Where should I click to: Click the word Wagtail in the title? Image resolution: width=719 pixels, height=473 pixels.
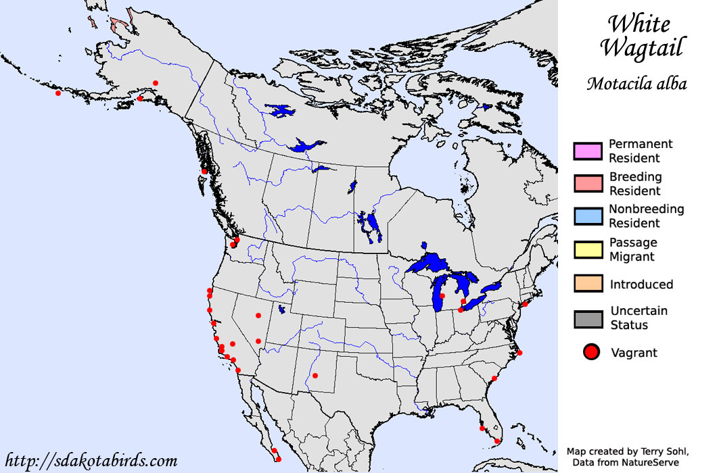(x=641, y=47)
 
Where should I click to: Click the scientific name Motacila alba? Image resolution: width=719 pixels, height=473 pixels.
(x=636, y=84)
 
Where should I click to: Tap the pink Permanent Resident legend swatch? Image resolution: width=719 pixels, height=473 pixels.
(x=587, y=151)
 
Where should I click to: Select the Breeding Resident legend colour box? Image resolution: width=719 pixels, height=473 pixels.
(x=587, y=183)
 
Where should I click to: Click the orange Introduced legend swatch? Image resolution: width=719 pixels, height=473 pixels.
(x=587, y=284)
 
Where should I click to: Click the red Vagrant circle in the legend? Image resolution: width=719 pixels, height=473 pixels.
(x=591, y=351)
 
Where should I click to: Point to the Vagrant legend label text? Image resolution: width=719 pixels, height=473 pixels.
(x=634, y=352)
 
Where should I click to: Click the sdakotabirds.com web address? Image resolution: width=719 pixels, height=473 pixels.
(x=91, y=461)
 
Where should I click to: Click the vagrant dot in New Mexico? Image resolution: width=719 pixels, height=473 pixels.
(x=314, y=376)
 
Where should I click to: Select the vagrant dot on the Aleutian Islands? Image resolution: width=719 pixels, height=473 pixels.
(x=58, y=93)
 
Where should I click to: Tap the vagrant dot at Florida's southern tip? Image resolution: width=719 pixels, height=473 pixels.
(x=497, y=441)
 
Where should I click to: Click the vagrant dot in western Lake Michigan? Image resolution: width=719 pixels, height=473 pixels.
(x=442, y=296)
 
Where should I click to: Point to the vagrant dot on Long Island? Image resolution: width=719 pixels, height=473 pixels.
(x=526, y=304)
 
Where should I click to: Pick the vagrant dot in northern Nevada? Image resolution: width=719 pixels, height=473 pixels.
(x=258, y=315)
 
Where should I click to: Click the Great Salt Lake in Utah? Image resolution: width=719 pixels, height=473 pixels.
(x=281, y=310)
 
